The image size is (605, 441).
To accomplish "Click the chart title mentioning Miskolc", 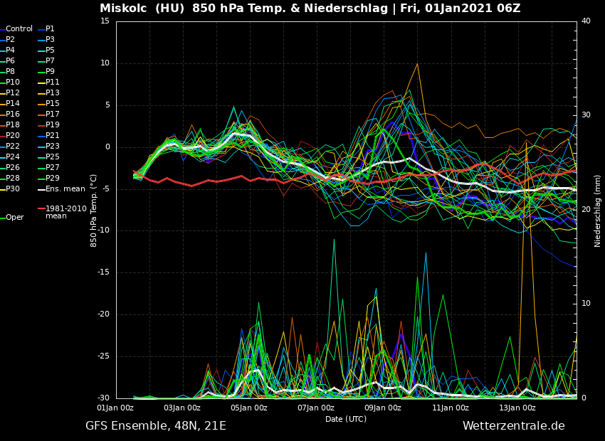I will coord(310,9).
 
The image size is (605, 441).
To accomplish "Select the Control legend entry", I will coord(19,29).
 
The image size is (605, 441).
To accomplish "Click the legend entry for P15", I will coord(53,104).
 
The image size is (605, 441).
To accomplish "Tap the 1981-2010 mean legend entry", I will coord(65,212).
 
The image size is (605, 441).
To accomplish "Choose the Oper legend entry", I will coord(14,218).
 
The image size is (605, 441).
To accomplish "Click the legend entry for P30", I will coord(13,189).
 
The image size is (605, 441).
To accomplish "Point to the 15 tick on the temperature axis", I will coord(105,21).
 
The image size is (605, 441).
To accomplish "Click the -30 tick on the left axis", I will coord(103,398).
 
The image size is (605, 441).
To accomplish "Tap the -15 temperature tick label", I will coord(103,272).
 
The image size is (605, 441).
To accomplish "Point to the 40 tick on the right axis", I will coord(586,21).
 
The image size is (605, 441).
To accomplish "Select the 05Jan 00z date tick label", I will coord(249,408).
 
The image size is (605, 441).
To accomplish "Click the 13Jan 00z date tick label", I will coord(517,408).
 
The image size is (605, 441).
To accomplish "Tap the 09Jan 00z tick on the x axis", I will coord(383,408).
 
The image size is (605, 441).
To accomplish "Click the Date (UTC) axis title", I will coord(346,420).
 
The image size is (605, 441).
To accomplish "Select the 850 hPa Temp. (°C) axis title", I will coord(94,210).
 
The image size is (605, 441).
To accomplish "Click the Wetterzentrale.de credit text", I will coord(513,426).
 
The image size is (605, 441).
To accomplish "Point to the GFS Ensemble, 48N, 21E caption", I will coord(156,426).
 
